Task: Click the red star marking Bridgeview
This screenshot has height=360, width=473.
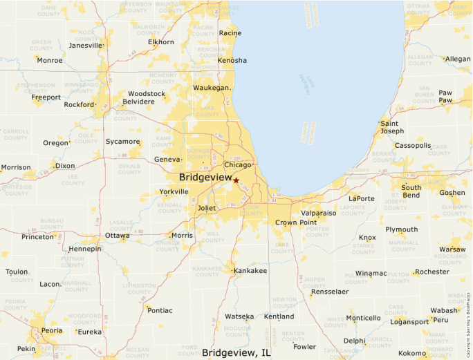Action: click(236, 180)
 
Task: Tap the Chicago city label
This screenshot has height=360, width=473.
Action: click(237, 164)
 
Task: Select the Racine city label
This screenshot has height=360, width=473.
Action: click(230, 33)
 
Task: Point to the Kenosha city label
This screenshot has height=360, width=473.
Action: click(232, 60)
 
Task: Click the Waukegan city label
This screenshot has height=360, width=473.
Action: click(210, 88)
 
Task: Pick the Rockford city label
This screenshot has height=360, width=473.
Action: click(78, 104)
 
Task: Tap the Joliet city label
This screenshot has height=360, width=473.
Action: click(206, 207)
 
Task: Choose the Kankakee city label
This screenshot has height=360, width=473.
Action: click(250, 270)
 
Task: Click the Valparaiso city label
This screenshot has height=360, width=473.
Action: click(318, 214)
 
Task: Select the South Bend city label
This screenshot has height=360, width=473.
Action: click(411, 191)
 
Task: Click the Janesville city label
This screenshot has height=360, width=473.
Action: click(86, 46)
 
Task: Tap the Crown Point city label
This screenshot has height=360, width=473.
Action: click(295, 222)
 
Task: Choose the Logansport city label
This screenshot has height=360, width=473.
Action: click(409, 322)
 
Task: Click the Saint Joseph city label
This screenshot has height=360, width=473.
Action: click(391, 127)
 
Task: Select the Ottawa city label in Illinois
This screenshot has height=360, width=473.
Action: click(117, 236)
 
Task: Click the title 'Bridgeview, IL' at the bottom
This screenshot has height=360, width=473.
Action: click(236, 352)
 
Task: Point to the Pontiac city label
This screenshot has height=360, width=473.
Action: click(160, 310)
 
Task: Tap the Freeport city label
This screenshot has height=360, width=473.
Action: click(46, 97)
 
